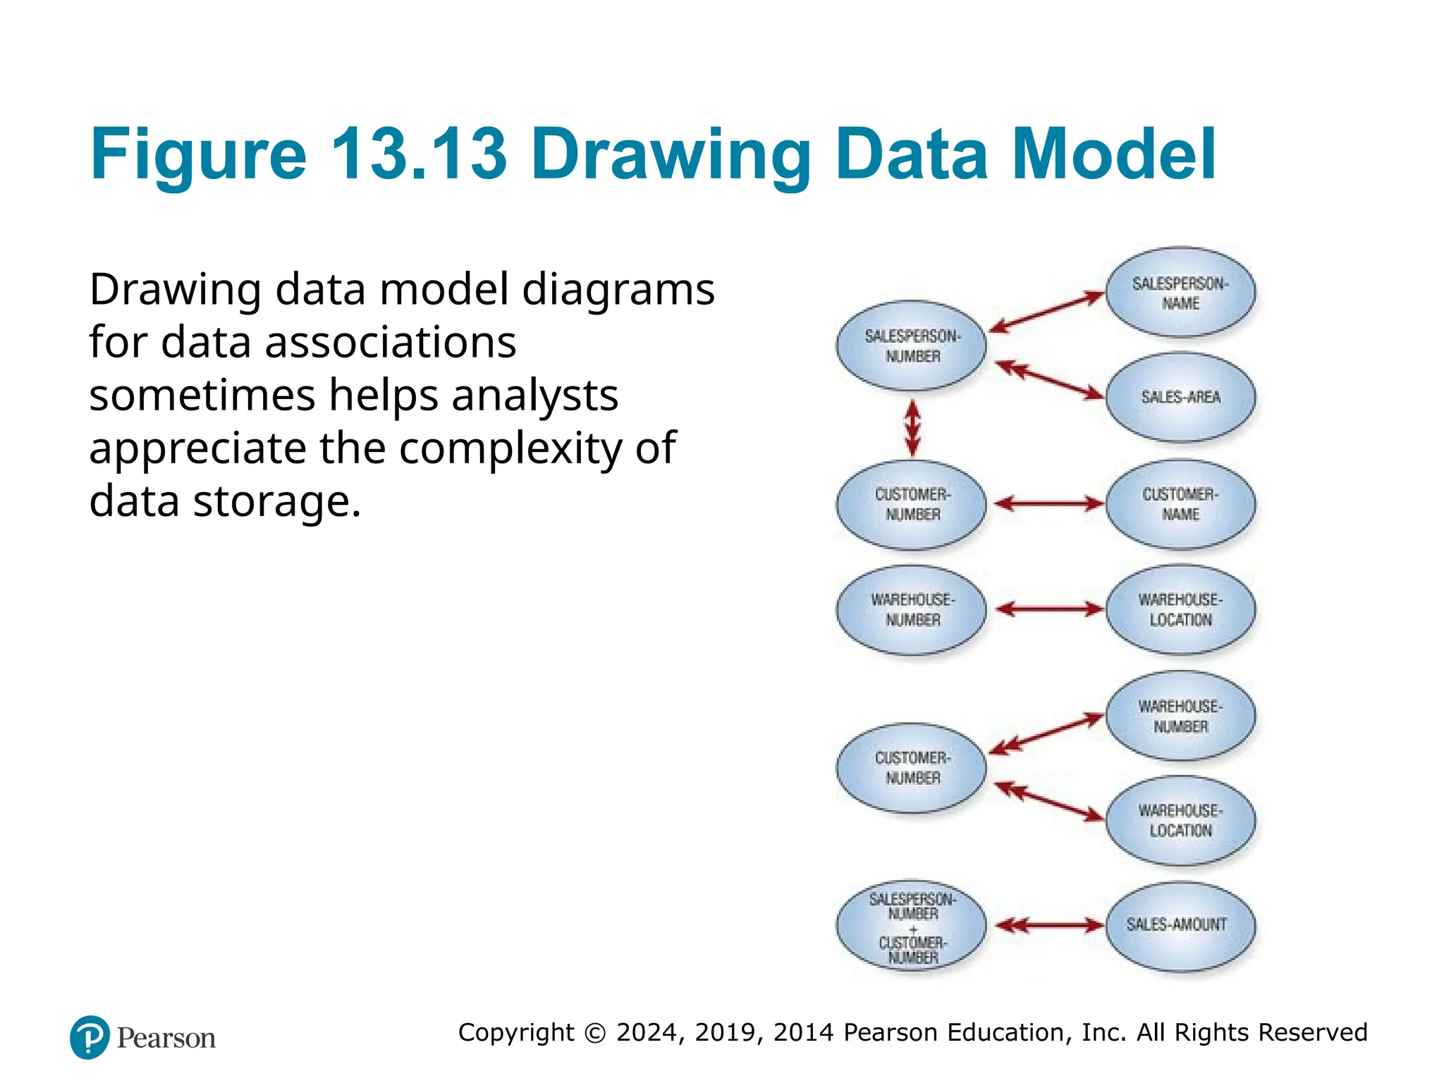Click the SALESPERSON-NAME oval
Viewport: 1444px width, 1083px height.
1180,293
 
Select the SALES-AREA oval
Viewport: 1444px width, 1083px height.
1180,398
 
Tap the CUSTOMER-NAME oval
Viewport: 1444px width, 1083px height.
1180,504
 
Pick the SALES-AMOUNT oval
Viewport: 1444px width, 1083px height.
1180,925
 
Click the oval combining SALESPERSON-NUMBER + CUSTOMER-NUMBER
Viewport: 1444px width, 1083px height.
912,927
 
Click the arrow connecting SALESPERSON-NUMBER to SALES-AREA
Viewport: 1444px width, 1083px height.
1049,380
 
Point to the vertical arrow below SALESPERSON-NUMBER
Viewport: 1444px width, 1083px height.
912,427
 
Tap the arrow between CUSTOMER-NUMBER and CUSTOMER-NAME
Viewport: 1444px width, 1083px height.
1048,504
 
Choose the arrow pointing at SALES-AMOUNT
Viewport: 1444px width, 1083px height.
1049,925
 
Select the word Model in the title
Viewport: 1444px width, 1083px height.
1114,154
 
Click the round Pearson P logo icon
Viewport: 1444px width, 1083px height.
90,1037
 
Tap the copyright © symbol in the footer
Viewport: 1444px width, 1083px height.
595,1033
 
